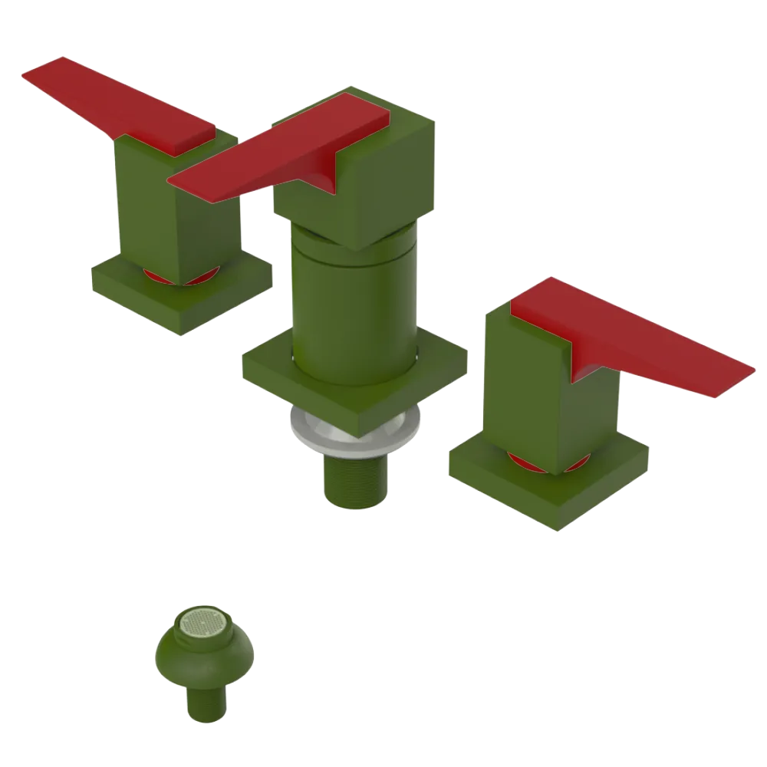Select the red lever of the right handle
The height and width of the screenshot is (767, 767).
644,345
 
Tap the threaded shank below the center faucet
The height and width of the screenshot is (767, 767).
356,479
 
